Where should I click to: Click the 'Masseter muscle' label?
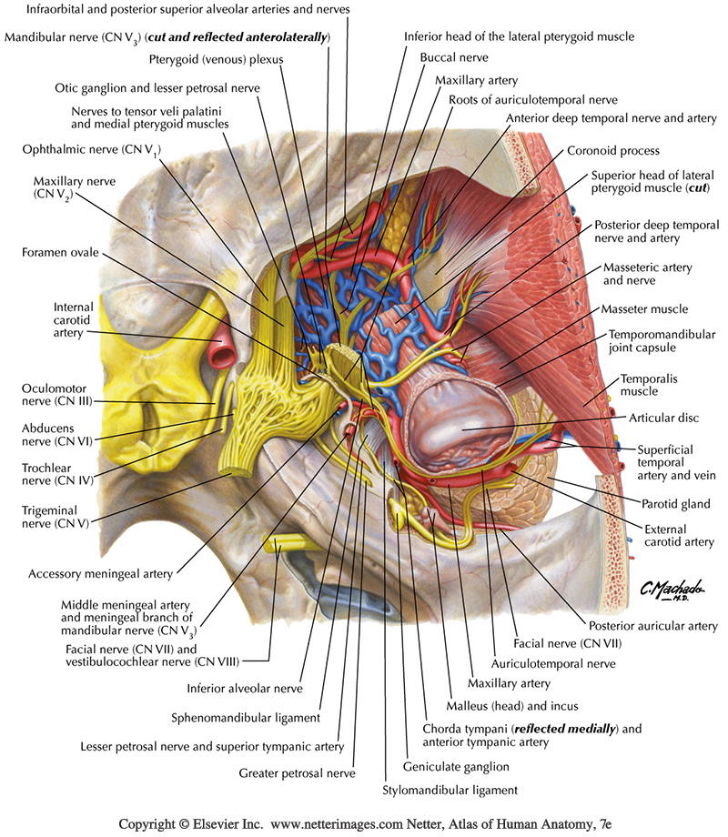650,309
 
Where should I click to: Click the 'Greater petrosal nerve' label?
297,773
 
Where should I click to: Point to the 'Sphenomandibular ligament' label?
246,717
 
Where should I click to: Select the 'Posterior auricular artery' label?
652,626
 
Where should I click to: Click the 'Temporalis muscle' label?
649,385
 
